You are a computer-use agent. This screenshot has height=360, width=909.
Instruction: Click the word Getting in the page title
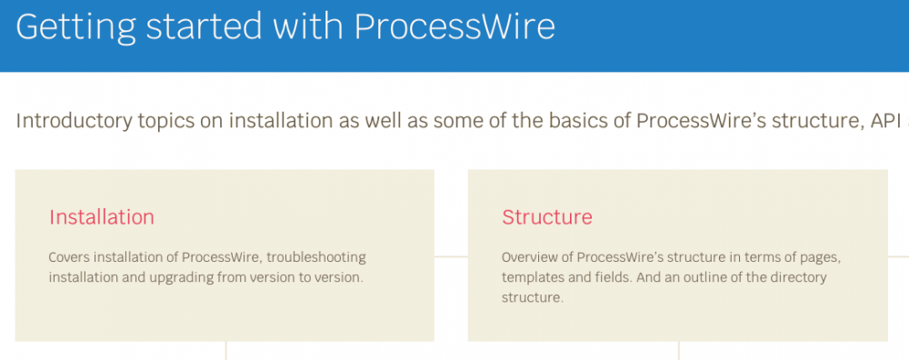click(75, 26)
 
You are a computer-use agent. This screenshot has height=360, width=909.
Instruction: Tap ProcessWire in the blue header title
click(454, 26)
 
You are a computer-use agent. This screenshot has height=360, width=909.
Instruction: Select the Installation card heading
click(102, 216)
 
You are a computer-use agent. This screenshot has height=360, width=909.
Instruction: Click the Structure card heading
click(547, 216)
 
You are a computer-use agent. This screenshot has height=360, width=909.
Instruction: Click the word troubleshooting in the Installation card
click(316, 256)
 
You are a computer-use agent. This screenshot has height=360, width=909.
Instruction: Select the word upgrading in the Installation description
click(187, 277)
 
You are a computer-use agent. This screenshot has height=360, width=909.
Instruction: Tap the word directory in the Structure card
click(803, 277)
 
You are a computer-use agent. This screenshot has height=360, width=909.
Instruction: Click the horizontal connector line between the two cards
click(451, 256)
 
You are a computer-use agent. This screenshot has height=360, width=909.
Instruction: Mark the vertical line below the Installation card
click(225, 351)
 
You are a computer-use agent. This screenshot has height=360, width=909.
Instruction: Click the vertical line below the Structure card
click(678, 351)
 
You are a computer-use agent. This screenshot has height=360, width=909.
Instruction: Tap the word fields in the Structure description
click(612, 277)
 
